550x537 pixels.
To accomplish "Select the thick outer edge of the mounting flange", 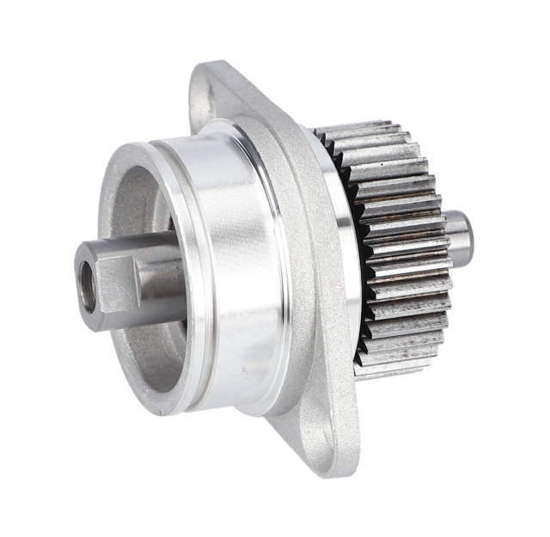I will coord(327,284).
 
